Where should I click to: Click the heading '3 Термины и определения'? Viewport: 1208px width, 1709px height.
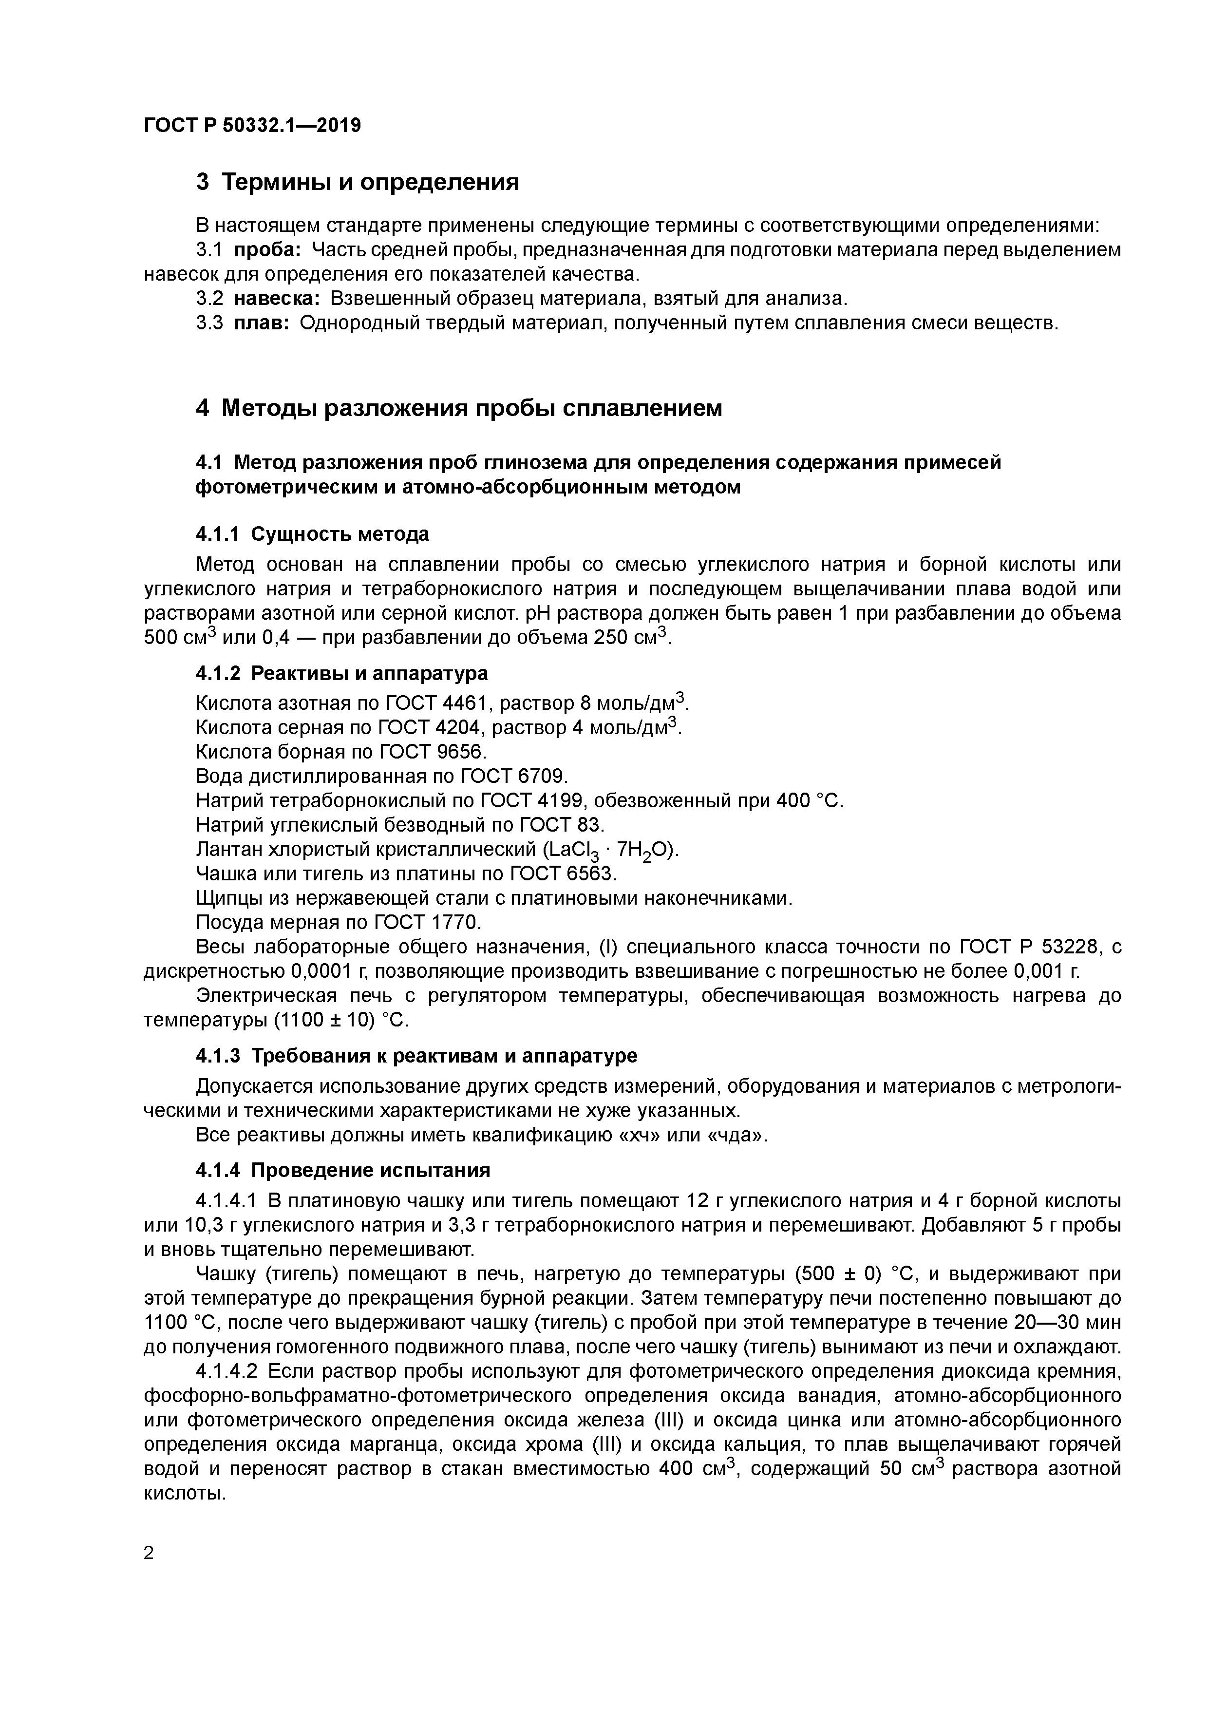click(x=357, y=182)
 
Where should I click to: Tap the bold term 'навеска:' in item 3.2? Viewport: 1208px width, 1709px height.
click(x=277, y=299)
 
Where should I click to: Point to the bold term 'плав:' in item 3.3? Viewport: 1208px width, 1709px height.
click(x=261, y=323)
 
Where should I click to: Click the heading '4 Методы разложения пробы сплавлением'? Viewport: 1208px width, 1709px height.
click(x=459, y=408)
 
